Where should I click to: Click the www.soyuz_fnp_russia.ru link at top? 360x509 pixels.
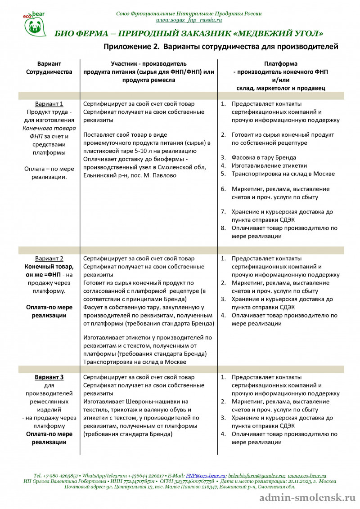pyautogui.click(x=189, y=20)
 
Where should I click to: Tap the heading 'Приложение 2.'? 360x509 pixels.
pyautogui.click(x=132, y=46)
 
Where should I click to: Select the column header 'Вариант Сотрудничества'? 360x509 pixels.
pyautogui.click(x=49, y=68)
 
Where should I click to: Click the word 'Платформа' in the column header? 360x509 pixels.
pyautogui.click(x=280, y=64)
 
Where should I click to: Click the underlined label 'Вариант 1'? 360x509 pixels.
pyautogui.click(x=49, y=104)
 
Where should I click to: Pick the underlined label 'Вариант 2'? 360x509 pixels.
pyautogui.click(x=49, y=259)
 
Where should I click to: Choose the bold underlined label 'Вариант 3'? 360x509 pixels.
pyautogui.click(x=49, y=377)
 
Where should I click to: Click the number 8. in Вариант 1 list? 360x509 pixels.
pyautogui.click(x=223, y=228)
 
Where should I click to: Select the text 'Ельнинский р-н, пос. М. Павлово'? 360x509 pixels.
pyautogui.click(x=130, y=175)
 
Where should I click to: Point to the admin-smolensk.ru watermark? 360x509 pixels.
pyautogui.click(x=308, y=498)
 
